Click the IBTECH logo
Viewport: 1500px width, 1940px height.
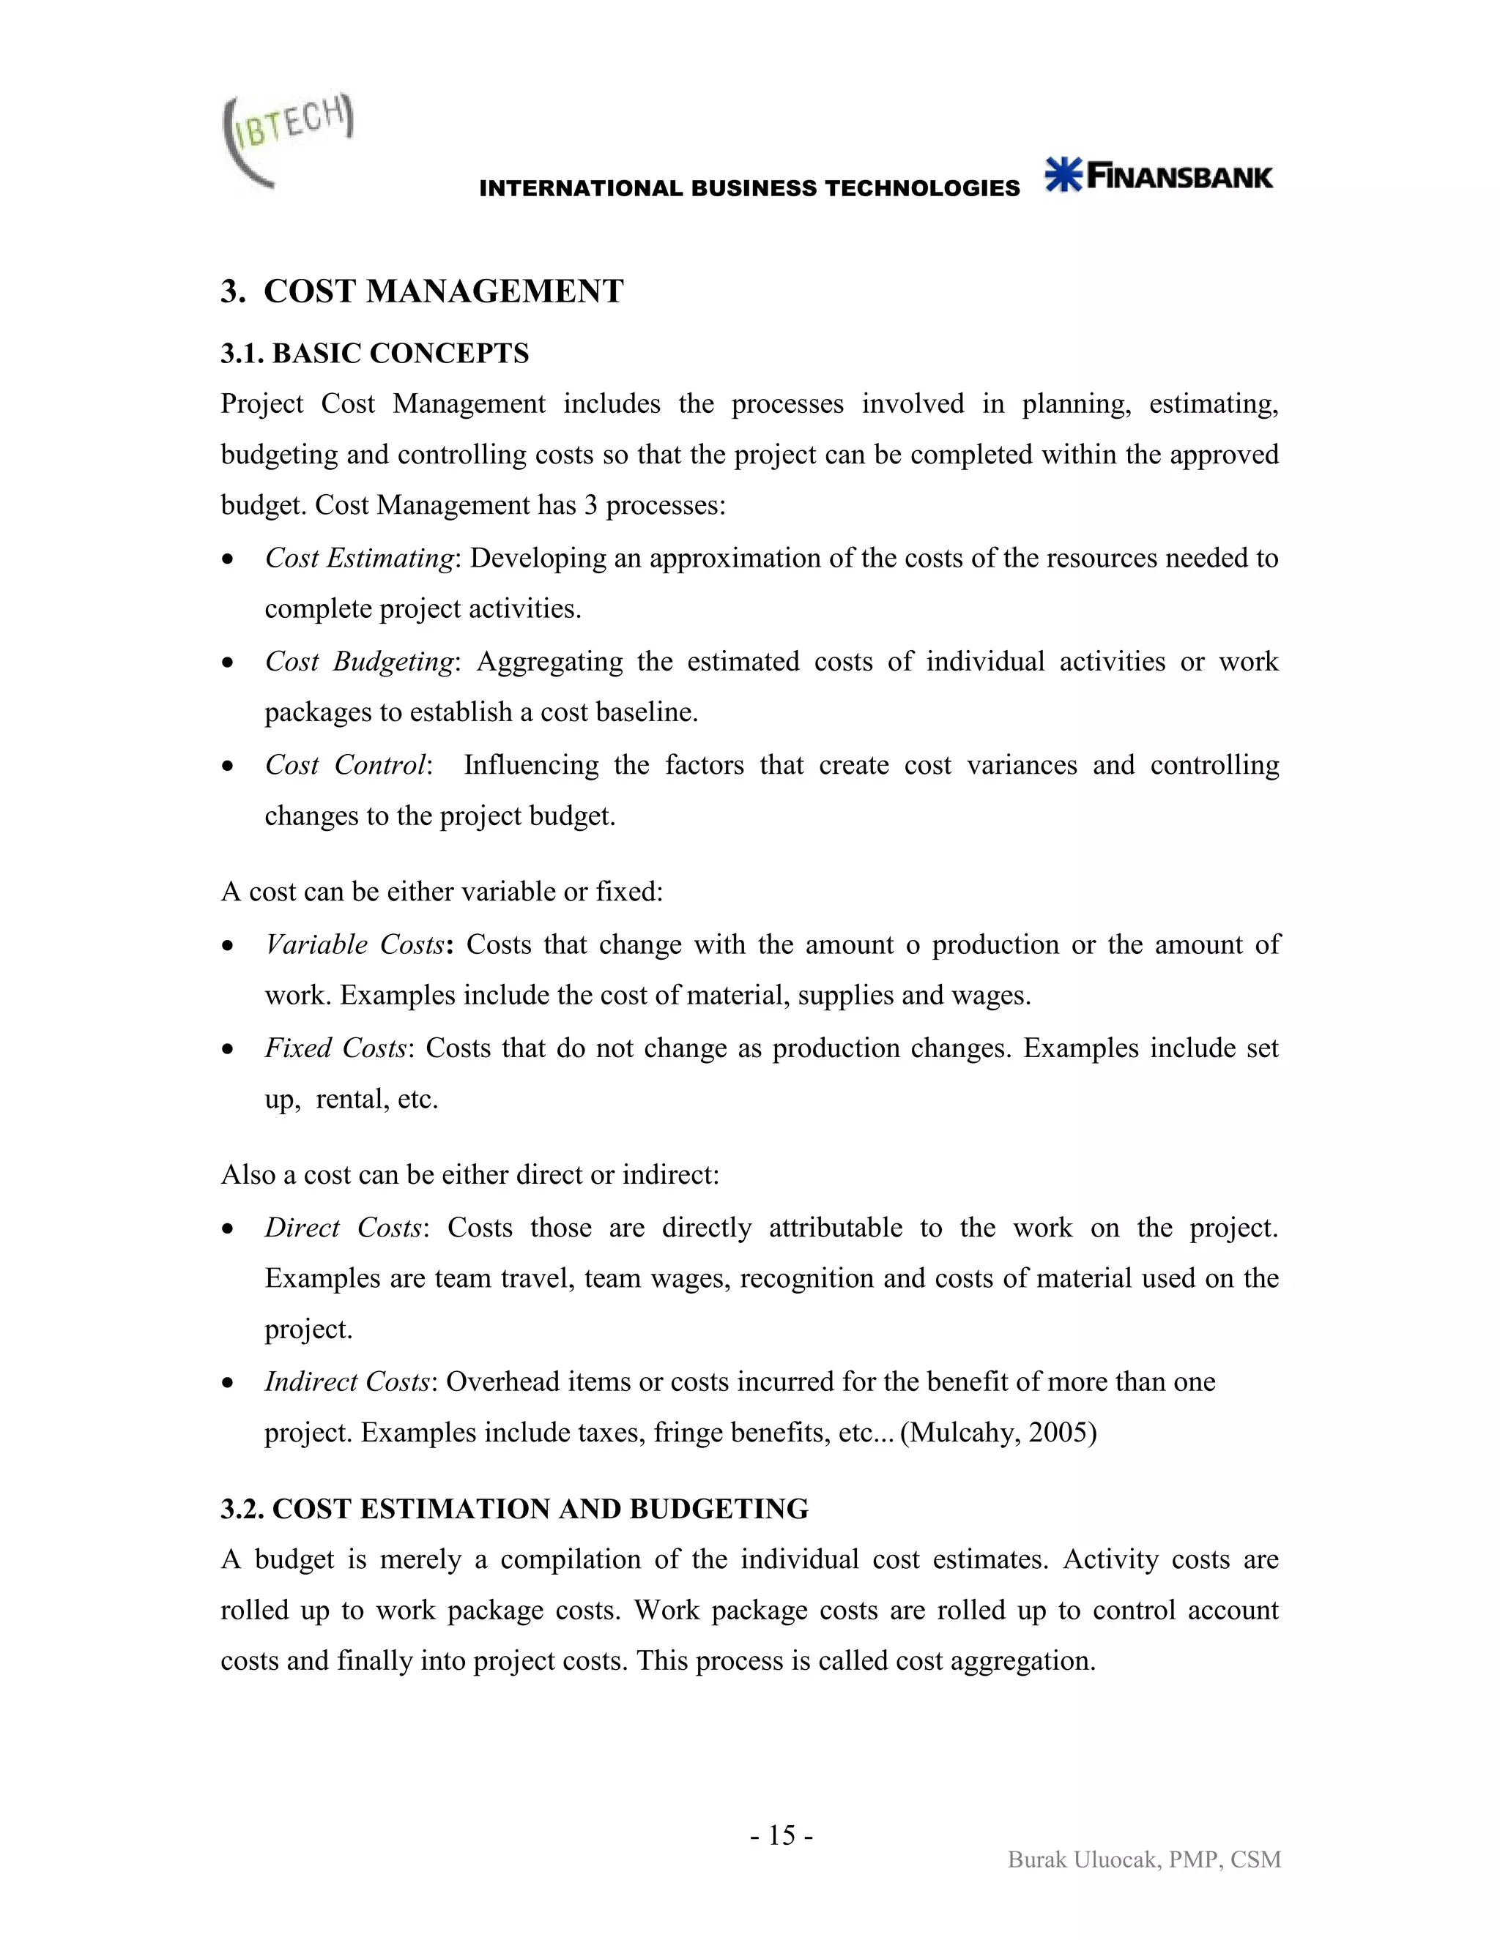(x=286, y=139)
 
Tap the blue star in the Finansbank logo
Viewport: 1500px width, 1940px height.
(x=1063, y=175)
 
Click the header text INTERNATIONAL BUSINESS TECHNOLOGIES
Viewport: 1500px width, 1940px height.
(x=749, y=188)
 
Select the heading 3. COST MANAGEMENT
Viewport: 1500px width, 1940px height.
(x=422, y=291)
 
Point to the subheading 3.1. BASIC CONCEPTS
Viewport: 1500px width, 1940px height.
(x=374, y=354)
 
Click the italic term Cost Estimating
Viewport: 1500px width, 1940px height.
(x=359, y=558)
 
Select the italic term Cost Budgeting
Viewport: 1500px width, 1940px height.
(x=359, y=662)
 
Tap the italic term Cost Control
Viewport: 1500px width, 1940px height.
(x=346, y=765)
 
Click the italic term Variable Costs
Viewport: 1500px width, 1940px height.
(x=354, y=944)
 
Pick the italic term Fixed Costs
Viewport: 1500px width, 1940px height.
(x=335, y=1048)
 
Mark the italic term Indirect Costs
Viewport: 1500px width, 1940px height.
(x=346, y=1382)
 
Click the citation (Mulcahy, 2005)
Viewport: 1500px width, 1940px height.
(x=998, y=1433)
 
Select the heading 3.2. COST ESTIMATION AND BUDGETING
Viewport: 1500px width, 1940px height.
(x=514, y=1510)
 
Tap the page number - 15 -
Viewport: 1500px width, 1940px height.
(x=781, y=1835)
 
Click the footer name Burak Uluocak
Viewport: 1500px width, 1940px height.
(x=1082, y=1860)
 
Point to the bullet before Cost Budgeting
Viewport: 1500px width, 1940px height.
(x=229, y=663)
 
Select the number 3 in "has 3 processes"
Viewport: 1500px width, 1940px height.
(x=591, y=505)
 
